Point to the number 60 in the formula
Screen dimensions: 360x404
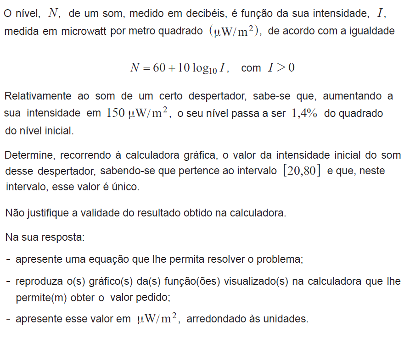[x=159, y=68]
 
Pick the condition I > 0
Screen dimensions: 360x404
[x=281, y=68]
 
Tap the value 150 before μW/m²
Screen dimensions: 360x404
[x=115, y=113]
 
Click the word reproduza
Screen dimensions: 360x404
[x=37, y=281]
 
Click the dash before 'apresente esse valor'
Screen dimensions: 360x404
[x=9, y=319]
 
